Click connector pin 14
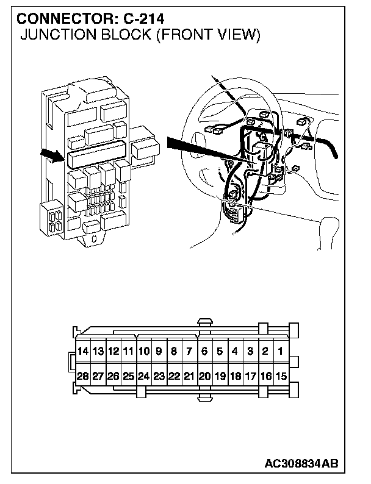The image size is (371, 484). pos(83,352)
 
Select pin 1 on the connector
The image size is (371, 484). pos(280,352)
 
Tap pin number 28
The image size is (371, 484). pos(83,376)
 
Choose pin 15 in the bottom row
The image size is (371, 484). pos(280,376)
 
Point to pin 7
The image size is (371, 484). pos(189,352)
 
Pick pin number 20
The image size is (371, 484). pos(204,376)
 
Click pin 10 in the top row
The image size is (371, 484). pos(143,352)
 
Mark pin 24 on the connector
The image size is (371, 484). pos(143,376)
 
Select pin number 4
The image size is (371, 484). pos(235,352)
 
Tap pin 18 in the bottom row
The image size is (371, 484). pos(235,376)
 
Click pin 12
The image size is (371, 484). pos(113,352)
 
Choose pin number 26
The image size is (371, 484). pos(113,376)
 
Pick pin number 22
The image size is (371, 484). pos(174,376)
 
